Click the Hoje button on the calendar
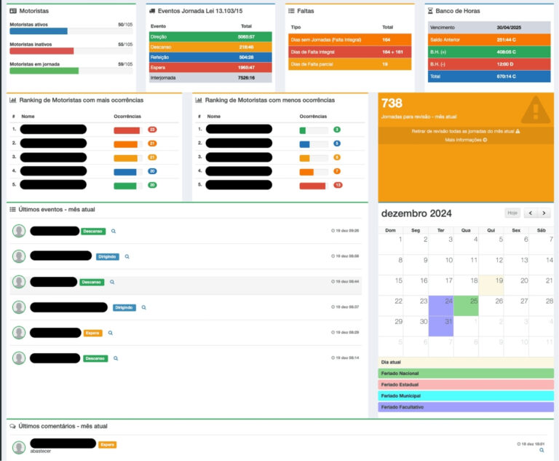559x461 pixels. (x=512, y=213)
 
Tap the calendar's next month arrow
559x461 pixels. (x=544, y=213)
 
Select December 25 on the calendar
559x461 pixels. (x=466, y=306)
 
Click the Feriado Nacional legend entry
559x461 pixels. (x=466, y=373)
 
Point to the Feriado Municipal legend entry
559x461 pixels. (x=466, y=395)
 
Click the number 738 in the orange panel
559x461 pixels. (x=392, y=103)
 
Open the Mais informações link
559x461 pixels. (x=466, y=139)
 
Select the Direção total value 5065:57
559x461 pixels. (x=245, y=36)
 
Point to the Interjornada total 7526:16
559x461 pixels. (x=245, y=77)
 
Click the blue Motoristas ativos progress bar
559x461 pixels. (x=39, y=31)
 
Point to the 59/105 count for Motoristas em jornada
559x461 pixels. (x=125, y=63)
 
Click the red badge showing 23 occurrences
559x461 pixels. (x=152, y=130)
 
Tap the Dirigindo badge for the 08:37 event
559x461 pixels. (x=124, y=307)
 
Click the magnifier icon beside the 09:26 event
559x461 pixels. (x=114, y=231)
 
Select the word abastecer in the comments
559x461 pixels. (x=41, y=452)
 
